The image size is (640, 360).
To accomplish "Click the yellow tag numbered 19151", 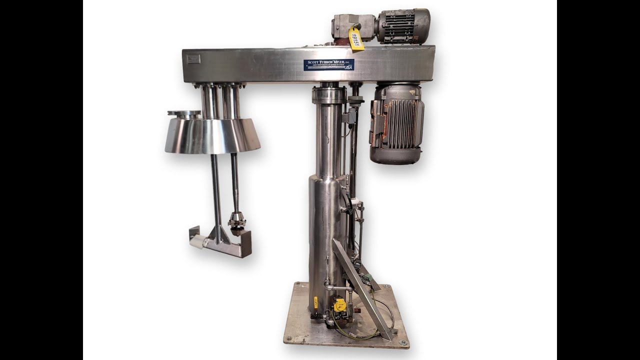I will click(355, 39).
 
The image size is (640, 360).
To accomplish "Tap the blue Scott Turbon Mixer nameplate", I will click(328, 64).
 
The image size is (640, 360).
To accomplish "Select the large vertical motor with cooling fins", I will click(396, 123).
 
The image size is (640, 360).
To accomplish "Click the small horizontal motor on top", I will click(403, 25).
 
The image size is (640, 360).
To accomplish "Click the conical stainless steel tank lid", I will click(212, 136).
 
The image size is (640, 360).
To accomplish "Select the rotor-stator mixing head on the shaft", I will click(236, 220).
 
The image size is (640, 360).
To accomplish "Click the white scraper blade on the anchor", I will click(197, 242).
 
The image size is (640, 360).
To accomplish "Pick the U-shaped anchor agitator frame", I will click(220, 245).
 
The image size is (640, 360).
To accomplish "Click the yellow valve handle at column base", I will click(340, 304).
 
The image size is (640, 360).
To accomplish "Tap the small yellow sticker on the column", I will click(316, 302).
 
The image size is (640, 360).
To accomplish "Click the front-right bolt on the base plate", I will click(402, 342).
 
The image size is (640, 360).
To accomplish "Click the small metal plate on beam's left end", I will click(193, 59).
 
